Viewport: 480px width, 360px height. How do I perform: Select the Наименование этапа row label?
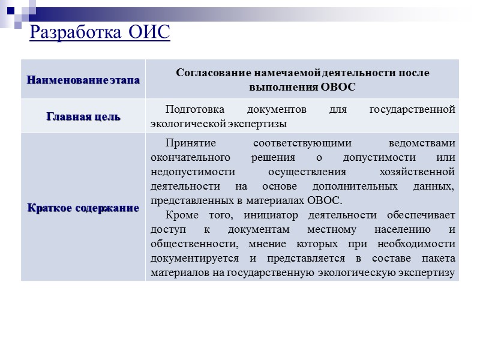83,79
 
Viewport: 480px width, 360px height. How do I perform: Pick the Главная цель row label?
83,116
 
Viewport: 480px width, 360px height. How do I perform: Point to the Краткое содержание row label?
83,208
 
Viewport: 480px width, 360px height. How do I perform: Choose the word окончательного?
191,158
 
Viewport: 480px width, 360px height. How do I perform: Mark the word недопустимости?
189,172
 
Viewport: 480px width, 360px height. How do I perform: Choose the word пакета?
439,259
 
